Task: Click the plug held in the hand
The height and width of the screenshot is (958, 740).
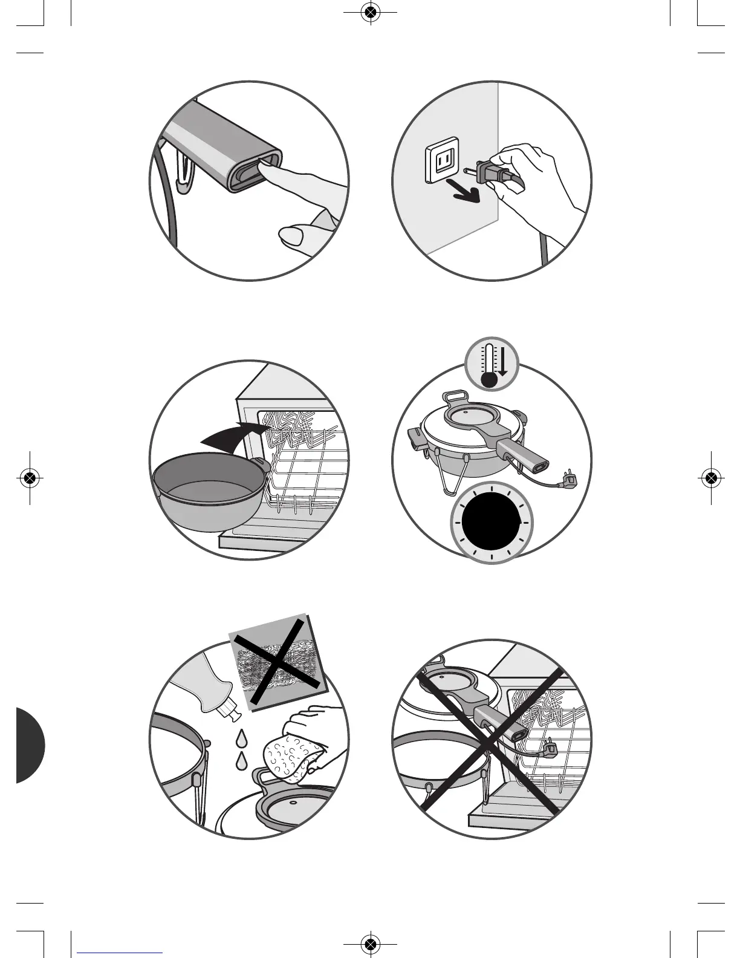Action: coord(490,172)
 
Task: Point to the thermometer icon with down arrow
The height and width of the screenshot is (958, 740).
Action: coord(492,364)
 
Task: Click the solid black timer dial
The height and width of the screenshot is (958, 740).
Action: coord(492,523)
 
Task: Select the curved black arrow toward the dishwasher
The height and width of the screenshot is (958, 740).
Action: coord(233,438)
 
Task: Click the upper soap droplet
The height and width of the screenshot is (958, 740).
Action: coord(242,738)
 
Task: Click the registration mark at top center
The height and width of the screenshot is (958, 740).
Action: coord(371,12)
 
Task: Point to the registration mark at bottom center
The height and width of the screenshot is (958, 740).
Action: coord(371,943)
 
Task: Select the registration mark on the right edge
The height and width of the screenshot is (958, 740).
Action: coord(712,478)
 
